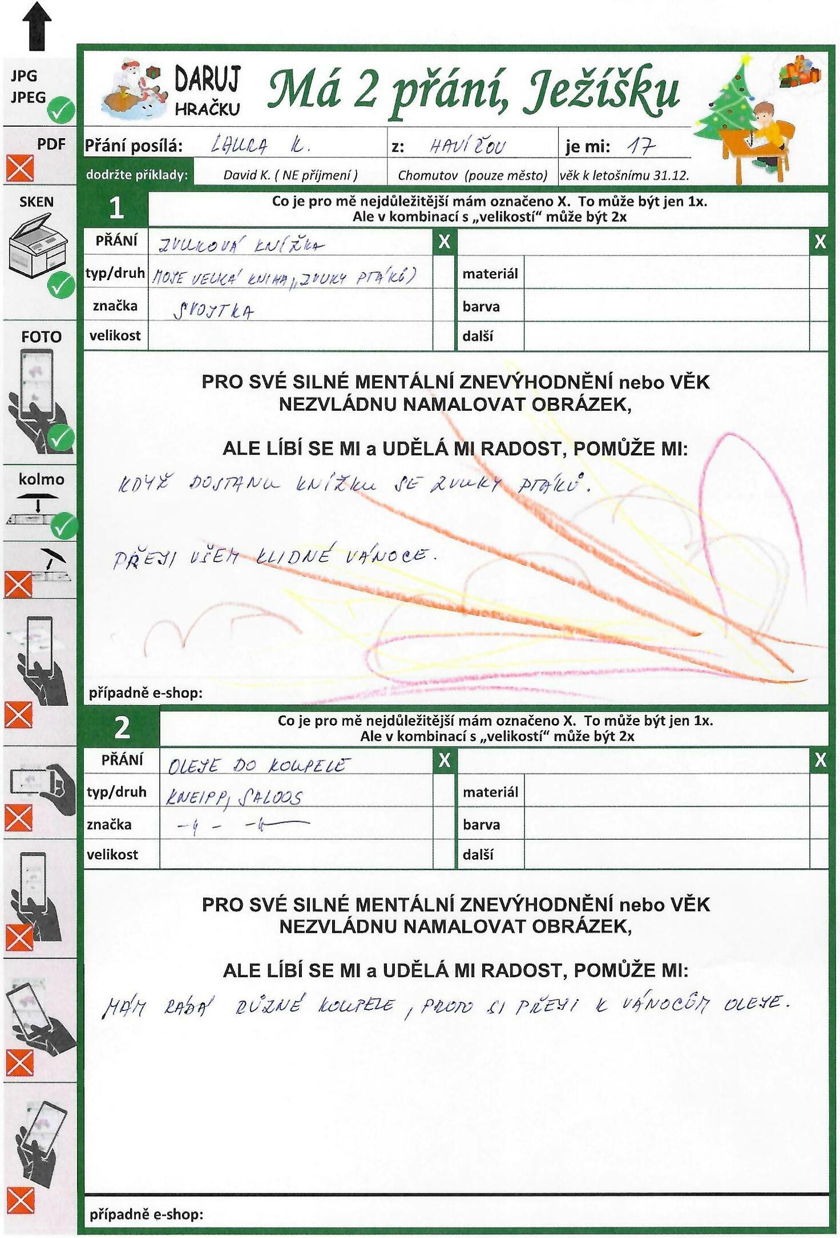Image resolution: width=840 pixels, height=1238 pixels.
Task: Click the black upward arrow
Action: [x=37, y=25]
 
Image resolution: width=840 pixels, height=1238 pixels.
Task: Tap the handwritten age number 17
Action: [x=640, y=147]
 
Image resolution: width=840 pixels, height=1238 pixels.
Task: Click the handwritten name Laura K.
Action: [x=260, y=146]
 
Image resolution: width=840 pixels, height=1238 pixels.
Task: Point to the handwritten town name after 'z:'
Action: [x=467, y=147]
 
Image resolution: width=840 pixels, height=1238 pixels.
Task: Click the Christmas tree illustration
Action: [x=725, y=108]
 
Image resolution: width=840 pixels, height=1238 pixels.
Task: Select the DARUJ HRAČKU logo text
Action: [x=207, y=91]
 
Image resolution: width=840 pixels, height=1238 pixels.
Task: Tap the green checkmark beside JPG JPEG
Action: [x=61, y=110]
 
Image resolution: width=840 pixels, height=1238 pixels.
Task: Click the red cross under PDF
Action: [x=19, y=169]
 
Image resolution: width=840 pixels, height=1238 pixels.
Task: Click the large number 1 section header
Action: [x=116, y=208]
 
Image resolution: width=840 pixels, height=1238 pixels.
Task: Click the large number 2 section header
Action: [x=122, y=728]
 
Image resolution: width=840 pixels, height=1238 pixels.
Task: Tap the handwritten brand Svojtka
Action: [x=213, y=311]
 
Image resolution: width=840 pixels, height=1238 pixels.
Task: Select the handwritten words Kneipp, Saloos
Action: [x=234, y=797]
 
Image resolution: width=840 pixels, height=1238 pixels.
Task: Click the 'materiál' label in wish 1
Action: [x=490, y=274]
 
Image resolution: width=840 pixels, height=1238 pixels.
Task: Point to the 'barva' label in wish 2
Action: [x=481, y=825]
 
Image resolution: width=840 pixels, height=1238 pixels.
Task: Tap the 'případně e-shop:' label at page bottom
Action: [x=146, y=1214]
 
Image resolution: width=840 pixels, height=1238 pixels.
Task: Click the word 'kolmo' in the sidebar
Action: [x=41, y=479]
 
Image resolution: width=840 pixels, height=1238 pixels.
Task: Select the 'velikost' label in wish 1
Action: [x=115, y=335]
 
